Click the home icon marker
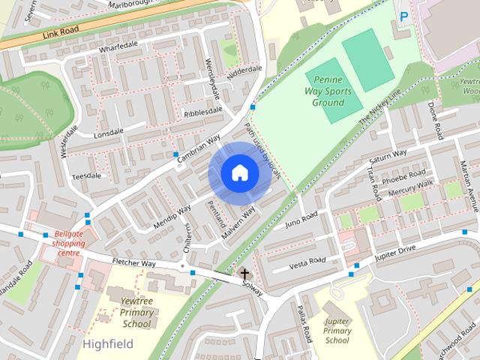click(x=239, y=173)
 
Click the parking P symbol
click(x=405, y=16)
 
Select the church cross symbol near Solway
click(x=244, y=274)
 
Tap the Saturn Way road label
click(x=387, y=158)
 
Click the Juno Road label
click(x=301, y=219)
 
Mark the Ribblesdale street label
click(x=203, y=111)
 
